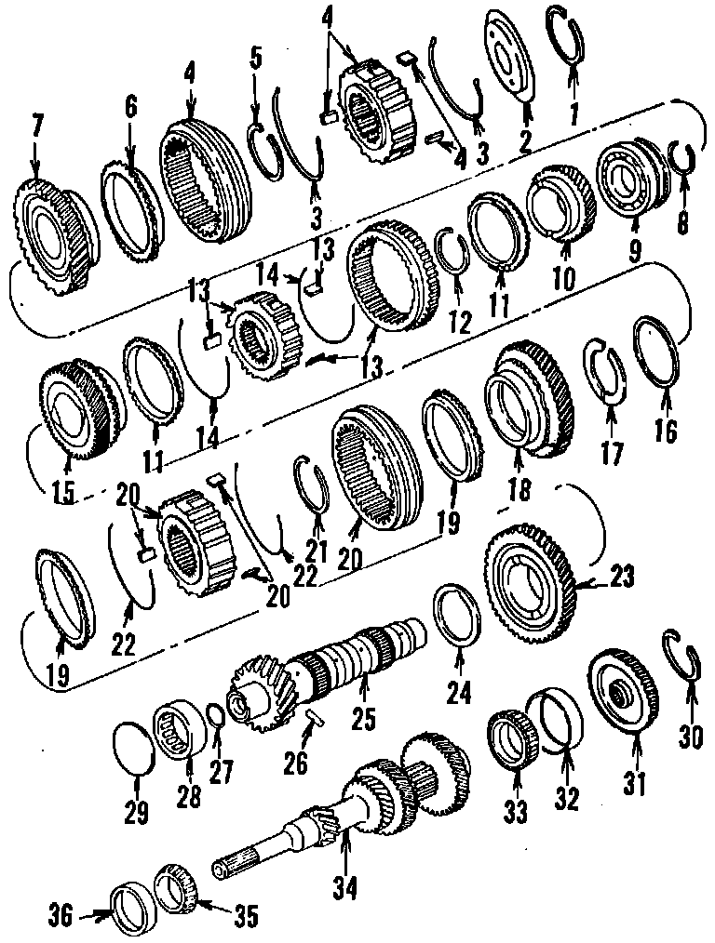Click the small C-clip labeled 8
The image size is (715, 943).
(x=683, y=158)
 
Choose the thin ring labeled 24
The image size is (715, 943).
(x=457, y=615)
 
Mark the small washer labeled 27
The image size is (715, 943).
(x=214, y=719)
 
